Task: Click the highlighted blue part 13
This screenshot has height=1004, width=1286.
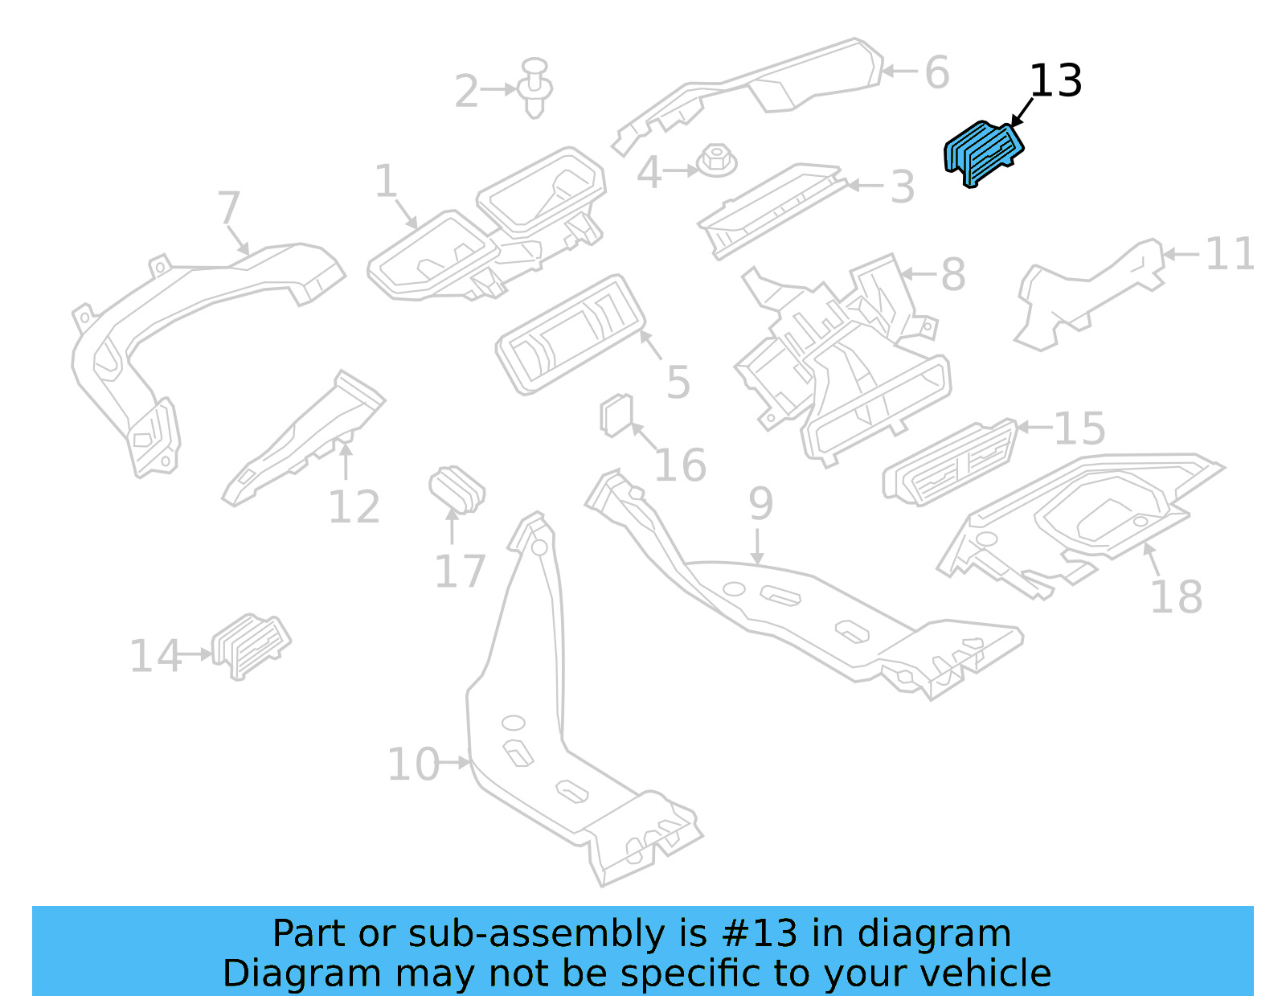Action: (x=983, y=153)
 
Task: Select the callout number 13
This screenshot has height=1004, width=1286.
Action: (x=1055, y=82)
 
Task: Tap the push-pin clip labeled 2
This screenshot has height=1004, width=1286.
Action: (x=535, y=87)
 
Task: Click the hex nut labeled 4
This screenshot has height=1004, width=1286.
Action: (x=716, y=161)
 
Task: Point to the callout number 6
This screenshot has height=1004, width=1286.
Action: (x=936, y=73)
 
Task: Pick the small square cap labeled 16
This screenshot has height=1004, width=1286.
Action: (x=616, y=415)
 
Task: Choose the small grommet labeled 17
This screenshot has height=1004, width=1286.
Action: (x=457, y=487)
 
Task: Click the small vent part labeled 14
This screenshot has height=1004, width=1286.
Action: (x=251, y=645)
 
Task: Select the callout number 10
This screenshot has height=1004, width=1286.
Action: (x=413, y=764)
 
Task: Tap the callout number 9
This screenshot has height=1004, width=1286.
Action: (x=760, y=504)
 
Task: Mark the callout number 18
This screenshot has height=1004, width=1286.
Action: (x=1176, y=597)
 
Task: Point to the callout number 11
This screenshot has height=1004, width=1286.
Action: (x=1230, y=255)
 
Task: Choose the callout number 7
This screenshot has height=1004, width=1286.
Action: (x=229, y=208)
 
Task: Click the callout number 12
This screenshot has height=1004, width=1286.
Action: (x=354, y=507)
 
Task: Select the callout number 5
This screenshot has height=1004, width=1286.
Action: (x=678, y=382)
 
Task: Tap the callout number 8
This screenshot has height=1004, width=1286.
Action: (x=952, y=275)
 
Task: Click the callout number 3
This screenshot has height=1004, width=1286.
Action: (x=903, y=187)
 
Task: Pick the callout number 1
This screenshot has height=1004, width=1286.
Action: (x=387, y=181)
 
